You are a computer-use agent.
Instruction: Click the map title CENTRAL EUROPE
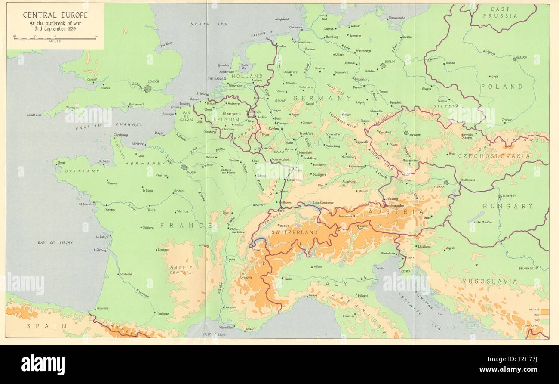55,15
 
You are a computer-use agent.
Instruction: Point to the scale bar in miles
55,38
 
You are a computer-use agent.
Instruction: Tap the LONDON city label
153,81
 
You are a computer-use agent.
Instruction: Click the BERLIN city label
390,62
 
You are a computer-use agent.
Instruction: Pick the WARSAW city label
521,57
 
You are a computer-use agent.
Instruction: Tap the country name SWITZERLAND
295,232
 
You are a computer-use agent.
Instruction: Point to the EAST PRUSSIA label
499,12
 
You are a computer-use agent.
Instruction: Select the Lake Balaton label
483,222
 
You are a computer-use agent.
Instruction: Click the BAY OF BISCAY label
55,243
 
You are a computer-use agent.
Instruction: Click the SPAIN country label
47,326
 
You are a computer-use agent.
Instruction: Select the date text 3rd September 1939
55,28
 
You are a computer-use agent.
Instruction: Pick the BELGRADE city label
525,268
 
